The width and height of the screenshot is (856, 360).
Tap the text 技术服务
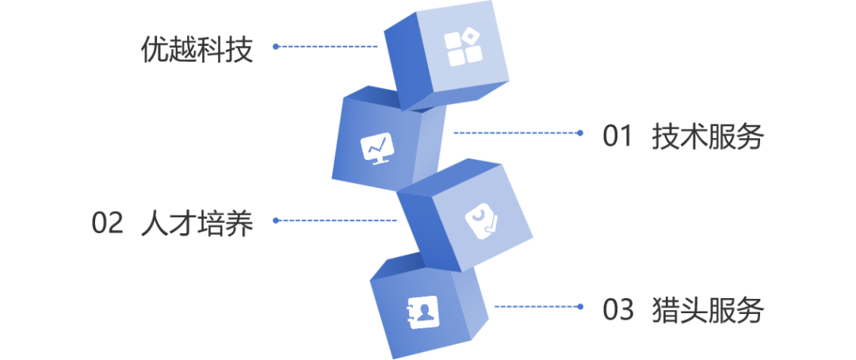click(707, 137)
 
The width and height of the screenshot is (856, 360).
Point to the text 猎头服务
click(707, 310)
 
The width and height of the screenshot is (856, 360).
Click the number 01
click(617, 137)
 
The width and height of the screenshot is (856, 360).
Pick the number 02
click(108, 224)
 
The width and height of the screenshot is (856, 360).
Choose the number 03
click(617, 310)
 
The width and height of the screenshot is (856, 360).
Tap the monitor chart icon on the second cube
click(376, 147)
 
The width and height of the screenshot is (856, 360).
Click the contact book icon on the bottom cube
click(422, 312)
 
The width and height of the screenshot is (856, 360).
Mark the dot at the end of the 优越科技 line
click(275, 46)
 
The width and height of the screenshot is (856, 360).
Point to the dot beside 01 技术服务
click(580, 133)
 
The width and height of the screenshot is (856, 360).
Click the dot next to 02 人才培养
click(275, 220)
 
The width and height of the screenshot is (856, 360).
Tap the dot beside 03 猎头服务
click(580, 307)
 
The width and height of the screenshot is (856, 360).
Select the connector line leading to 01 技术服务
click(515, 133)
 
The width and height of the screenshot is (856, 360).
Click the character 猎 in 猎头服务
click(664, 310)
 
